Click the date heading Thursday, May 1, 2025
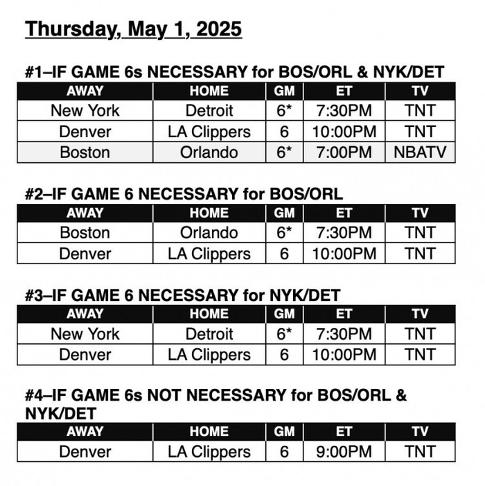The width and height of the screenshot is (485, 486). [133, 30]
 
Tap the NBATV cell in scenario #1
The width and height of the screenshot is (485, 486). [420, 152]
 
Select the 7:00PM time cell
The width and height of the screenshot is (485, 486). [344, 152]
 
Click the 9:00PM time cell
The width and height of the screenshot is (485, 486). [344, 451]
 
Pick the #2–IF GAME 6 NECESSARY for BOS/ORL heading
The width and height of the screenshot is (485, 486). [184, 195]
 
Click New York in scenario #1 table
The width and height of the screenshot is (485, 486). [85, 110]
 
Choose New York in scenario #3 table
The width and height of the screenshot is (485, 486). [85, 333]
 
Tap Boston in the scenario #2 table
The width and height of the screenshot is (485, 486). [85, 232]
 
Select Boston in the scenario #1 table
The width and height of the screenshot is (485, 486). [85, 152]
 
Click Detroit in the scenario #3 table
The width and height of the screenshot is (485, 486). [209, 333]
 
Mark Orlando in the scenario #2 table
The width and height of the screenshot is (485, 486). [209, 232]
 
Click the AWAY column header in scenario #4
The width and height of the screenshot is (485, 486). [85, 431]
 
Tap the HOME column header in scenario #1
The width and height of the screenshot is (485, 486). [209, 91]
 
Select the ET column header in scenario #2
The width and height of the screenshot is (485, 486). [344, 213]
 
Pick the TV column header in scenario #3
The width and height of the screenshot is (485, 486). [420, 313]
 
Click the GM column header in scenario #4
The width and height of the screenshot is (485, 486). [284, 431]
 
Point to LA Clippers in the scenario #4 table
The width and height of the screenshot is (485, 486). [209, 451]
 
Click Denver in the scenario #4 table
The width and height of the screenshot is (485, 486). [85, 451]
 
